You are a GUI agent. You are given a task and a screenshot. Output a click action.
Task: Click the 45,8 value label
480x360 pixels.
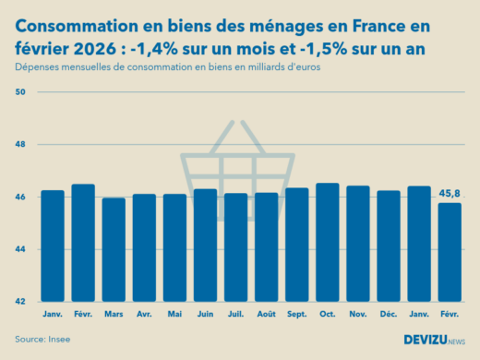pyautogui.click(x=450, y=194)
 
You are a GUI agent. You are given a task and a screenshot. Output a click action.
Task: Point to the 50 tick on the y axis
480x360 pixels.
pyautogui.click(x=21, y=92)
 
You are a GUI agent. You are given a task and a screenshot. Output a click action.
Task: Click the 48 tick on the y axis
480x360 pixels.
pyautogui.click(x=21, y=145)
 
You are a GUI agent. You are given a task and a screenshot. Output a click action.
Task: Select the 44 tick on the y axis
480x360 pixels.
pyautogui.click(x=21, y=249)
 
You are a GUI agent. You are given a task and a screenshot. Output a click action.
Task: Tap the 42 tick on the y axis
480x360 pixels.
pyautogui.click(x=21, y=301)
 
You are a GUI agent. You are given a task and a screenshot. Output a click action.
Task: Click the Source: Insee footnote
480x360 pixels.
pyautogui.click(x=42, y=340)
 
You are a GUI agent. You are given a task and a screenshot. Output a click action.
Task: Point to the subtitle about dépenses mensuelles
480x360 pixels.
pyautogui.click(x=166, y=69)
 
